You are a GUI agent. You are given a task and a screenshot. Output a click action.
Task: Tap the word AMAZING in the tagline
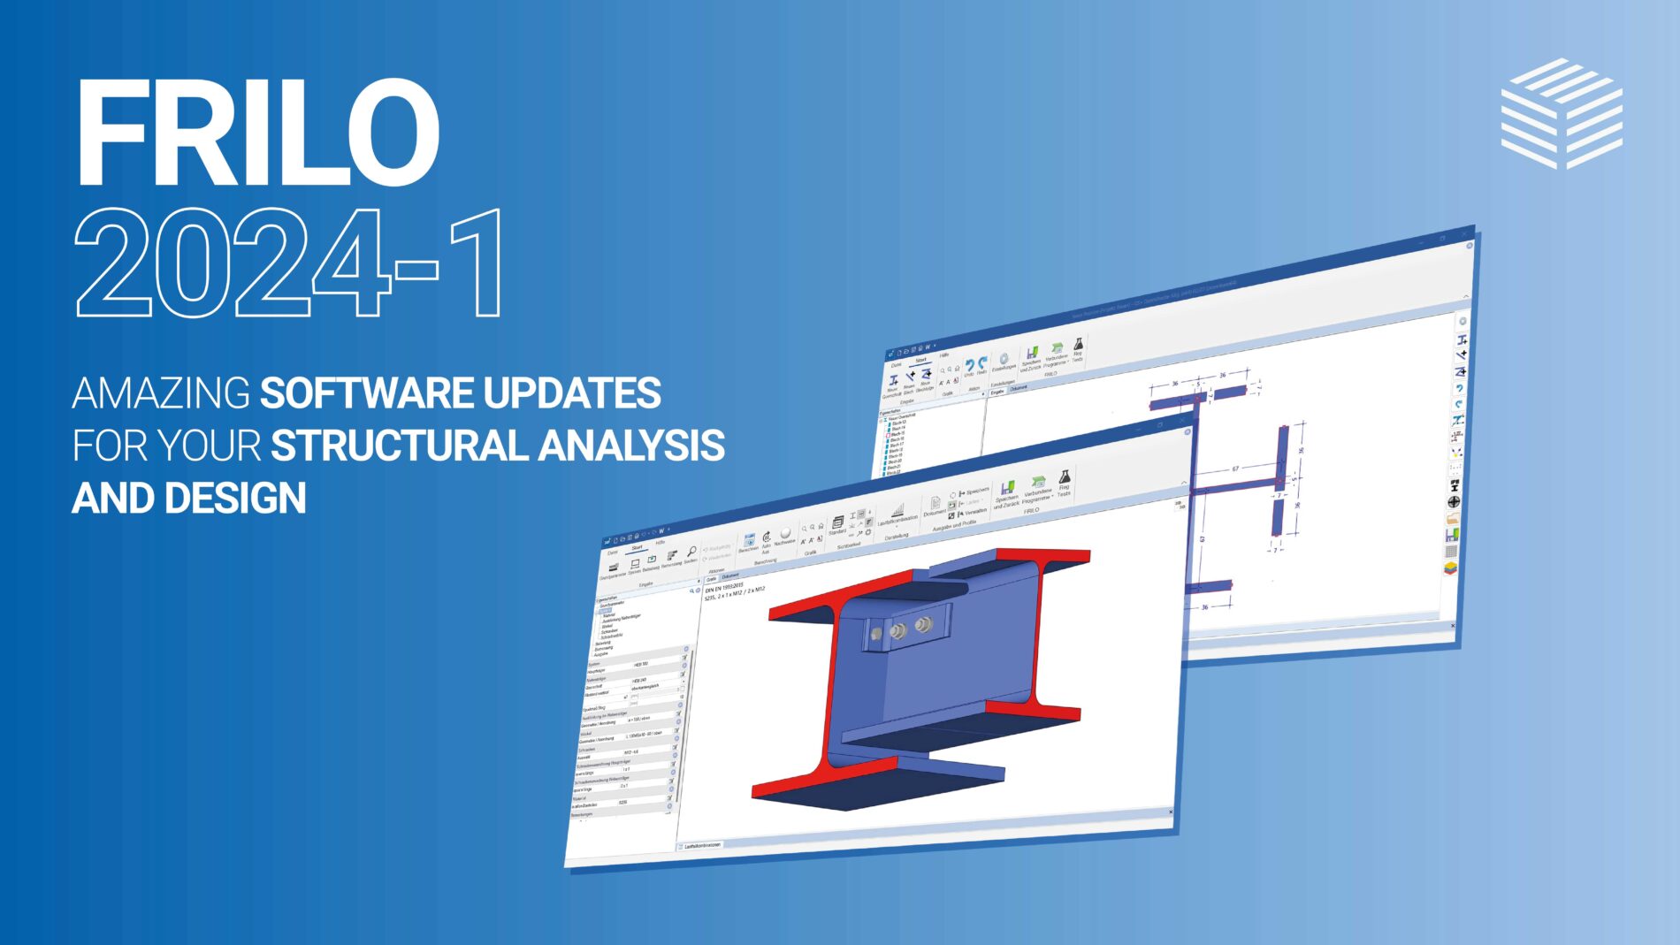[x=161, y=393]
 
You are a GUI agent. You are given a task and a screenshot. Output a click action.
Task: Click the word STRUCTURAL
[x=397, y=446]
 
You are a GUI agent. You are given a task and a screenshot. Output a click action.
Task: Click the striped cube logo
[x=1562, y=113]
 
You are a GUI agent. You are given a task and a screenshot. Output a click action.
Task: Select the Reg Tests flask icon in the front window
[x=1065, y=478]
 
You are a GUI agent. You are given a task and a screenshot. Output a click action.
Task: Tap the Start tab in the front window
[x=637, y=547]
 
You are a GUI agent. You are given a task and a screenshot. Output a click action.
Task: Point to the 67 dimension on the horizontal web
[x=1235, y=469]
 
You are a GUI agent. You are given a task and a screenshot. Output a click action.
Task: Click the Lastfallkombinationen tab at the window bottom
[x=702, y=845]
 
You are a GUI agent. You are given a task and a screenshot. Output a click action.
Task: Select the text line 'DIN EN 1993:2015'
[x=724, y=587]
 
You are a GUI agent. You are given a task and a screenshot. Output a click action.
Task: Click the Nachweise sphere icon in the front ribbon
[x=785, y=534]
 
